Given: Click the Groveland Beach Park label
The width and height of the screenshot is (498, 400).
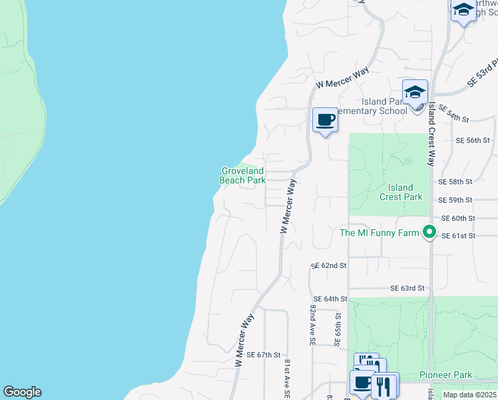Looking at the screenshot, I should pyautogui.click(x=243, y=175).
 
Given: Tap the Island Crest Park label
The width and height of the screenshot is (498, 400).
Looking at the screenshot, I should pyautogui.click(x=401, y=192).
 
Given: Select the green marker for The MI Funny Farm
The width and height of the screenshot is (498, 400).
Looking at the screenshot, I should pyautogui.click(x=429, y=233).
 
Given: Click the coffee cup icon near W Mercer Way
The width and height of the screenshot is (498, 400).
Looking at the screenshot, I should pyautogui.click(x=325, y=120).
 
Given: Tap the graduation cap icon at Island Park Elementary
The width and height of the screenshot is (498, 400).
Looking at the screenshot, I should pyautogui.click(x=415, y=92).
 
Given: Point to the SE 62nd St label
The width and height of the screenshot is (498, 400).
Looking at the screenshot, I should pyautogui.click(x=329, y=265).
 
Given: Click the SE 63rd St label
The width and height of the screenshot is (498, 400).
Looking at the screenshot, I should pyautogui.click(x=407, y=288).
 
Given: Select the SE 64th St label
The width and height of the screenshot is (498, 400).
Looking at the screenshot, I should pyautogui.click(x=330, y=299).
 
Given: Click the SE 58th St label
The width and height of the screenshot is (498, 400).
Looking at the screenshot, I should pyautogui.click(x=455, y=181).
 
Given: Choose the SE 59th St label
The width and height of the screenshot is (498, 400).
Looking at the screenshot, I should pyautogui.click(x=455, y=200).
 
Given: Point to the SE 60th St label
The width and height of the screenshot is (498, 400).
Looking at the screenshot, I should pyautogui.click(x=458, y=218).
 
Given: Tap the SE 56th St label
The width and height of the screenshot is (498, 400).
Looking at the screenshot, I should pyautogui.click(x=473, y=141).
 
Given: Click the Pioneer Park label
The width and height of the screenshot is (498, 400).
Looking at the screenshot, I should pyautogui.click(x=446, y=375).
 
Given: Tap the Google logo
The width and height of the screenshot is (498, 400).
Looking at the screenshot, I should pyautogui.click(x=22, y=392).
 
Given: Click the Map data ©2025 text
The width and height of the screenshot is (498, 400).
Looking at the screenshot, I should pyautogui.click(x=469, y=395).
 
